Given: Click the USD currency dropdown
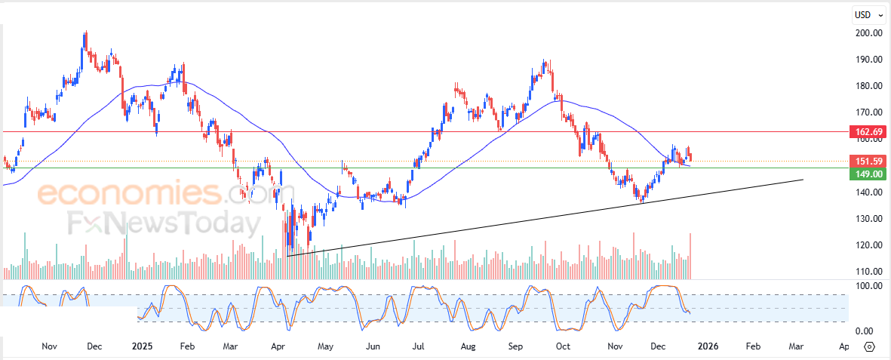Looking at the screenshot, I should point(868,14).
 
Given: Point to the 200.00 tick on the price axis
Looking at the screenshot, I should point(869,33).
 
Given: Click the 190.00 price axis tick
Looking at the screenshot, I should point(869,60).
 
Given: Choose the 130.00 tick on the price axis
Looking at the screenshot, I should point(869,219).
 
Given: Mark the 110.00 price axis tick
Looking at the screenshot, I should point(869,272).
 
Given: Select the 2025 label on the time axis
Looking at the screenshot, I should point(142,346).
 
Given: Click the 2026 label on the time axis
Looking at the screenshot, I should point(707,346).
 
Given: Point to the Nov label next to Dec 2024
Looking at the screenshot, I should point(50,346).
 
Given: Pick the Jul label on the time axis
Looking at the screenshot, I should point(417,346).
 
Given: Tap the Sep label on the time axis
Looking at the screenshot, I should point(515,346).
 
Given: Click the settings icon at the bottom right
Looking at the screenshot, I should point(869,346).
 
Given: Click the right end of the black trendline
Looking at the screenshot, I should point(802,180).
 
